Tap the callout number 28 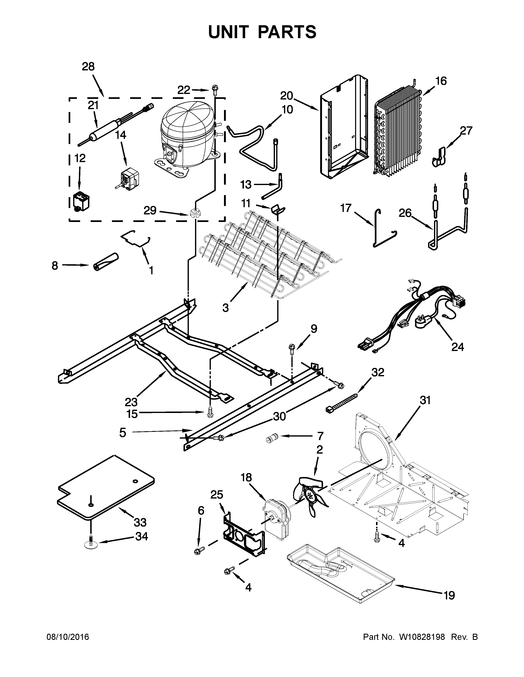(x=88, y=67)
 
